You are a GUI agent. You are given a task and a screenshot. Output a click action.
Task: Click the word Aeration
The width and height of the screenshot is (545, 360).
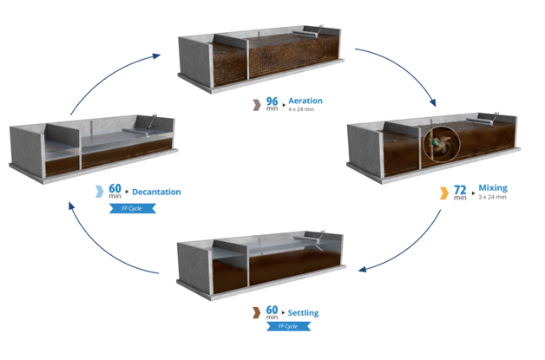click(x=305, y=101)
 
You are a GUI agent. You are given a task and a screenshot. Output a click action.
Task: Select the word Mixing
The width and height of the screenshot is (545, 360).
click(x=492, y=187)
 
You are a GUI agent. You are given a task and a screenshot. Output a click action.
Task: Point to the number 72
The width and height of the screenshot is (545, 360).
click(x=459, y=187)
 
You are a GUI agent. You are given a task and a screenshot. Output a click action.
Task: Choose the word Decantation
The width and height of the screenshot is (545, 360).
click(x=156, y=192)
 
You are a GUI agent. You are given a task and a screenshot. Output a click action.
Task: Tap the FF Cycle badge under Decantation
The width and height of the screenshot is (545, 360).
click(x=126, y=208)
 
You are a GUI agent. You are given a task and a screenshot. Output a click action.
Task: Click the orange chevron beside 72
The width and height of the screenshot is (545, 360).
click(x=443, y=190)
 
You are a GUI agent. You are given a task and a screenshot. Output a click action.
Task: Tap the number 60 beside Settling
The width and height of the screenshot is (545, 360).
click(x=272, y=310)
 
